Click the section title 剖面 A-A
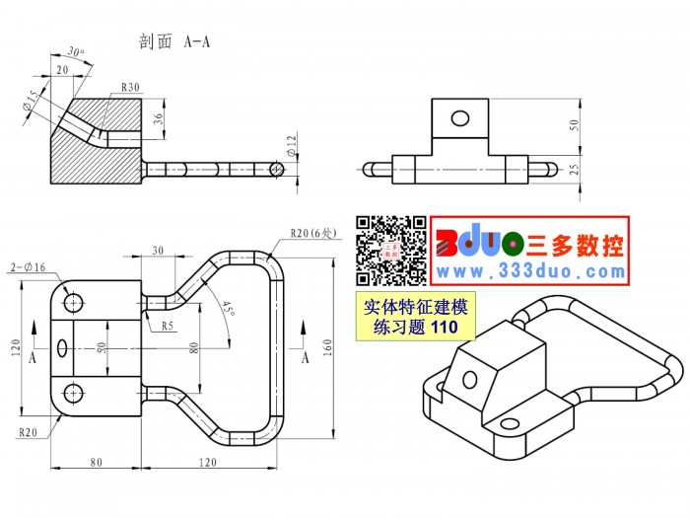pyautogui.click(x=174, y=41)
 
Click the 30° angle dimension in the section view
pyautogui.click(x=76, y=52)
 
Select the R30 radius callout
pyautogui.click(x=130, y=87)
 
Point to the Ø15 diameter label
pyautogui.click(x=31, y=101)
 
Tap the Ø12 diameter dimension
pyautogui.click(x=292, y=146)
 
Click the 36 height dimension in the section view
pyautogui.click(x=158, y=118)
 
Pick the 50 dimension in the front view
pyautogui.click(x=574, y=125)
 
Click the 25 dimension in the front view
pyautogui.click(x=574, y=169)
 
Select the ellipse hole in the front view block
pyautogui.click(x=460, y=118)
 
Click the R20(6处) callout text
pyautogui.click(x=312, y=233)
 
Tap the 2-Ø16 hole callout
pyautogui.click(x=29, y=267)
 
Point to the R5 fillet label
pyautogui.click(x=168, y=326)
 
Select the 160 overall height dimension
pyautogui.click(x=327, y=348)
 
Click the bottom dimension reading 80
pyautogui.click(x=96, y=462)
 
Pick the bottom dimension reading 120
pyautogui.click(x=208, y=462)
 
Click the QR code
pyautogui.click(x=391, y=251)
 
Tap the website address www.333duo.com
pyautogui.click(x=531, y=271)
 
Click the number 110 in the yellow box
pyautogui.click(x=445, y=327)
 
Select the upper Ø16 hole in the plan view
pyautogui.click(x=73, y=303)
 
